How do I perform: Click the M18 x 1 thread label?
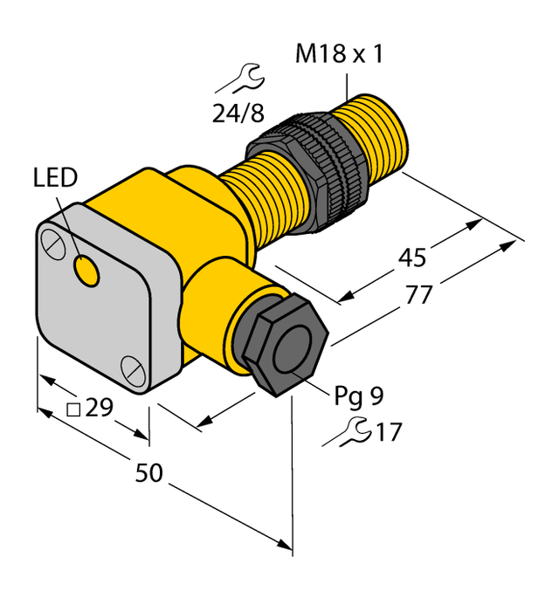pos(340,55)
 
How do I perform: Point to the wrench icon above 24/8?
pos(237,80)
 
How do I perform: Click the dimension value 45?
pos(411,258)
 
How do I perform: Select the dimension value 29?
pos(100,408)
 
